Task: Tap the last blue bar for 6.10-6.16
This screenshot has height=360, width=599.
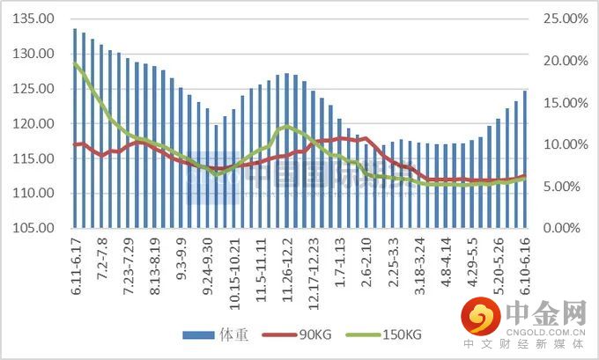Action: click(525, 159)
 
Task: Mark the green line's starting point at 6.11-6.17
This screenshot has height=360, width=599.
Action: click(76, 63)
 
